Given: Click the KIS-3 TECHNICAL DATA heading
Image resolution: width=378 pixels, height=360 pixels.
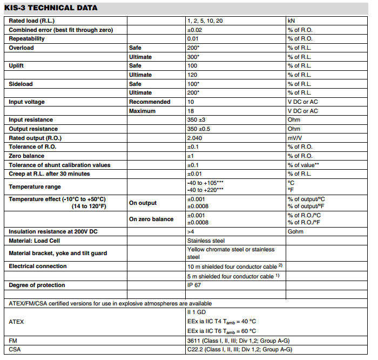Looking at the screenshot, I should [51, 8].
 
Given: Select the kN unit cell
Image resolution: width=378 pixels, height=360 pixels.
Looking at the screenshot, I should [292, 21].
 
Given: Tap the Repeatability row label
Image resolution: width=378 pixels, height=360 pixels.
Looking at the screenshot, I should [27, 38].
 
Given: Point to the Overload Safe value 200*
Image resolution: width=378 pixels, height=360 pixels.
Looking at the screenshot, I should [193, 48].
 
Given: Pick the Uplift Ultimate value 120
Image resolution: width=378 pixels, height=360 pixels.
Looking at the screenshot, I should [192, 75].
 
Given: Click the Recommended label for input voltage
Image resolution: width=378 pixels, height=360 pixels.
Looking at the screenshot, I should [150, 102].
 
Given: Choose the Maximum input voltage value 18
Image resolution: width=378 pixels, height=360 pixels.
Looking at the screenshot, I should [191, 111].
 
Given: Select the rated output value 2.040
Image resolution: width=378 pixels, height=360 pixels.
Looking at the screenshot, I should [195, 138].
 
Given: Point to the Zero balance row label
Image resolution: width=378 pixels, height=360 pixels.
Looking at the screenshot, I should [27, 156].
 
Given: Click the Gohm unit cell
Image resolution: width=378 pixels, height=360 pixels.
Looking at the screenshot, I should [295, 231].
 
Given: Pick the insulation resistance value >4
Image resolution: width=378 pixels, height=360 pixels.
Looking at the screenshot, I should [191, 231].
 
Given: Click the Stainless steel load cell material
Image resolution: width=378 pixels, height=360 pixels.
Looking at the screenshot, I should [206, 240].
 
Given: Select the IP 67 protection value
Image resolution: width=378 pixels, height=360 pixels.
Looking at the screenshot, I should [194, 285].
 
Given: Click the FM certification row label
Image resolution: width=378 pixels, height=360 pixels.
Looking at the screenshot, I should [13, 341].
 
